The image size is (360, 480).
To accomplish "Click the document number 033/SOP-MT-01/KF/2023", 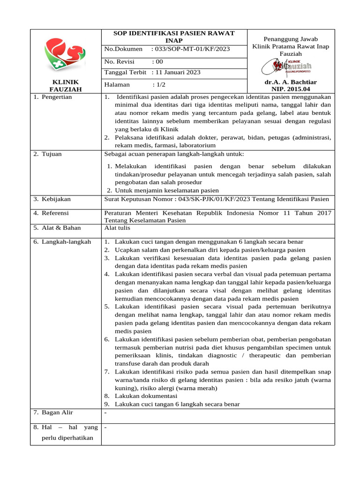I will (x=191, y=49).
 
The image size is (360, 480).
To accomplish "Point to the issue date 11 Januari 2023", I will (x=176, y=72).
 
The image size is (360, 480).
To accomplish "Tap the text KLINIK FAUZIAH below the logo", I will (x=66, y=86).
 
